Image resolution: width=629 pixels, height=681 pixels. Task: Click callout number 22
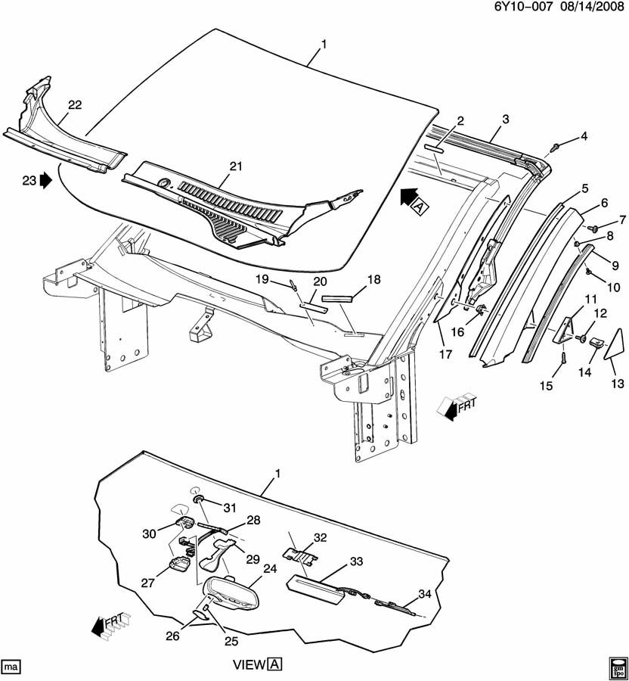coord(74,105)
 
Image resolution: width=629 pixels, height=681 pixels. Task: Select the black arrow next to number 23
coord(45,181)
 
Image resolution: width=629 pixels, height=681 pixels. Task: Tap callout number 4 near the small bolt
coord(583,136)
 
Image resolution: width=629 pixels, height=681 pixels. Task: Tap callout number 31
coord(229,507)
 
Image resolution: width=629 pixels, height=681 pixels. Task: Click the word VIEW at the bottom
coord(248,665)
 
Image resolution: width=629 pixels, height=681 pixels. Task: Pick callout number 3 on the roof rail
coord(505,119)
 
